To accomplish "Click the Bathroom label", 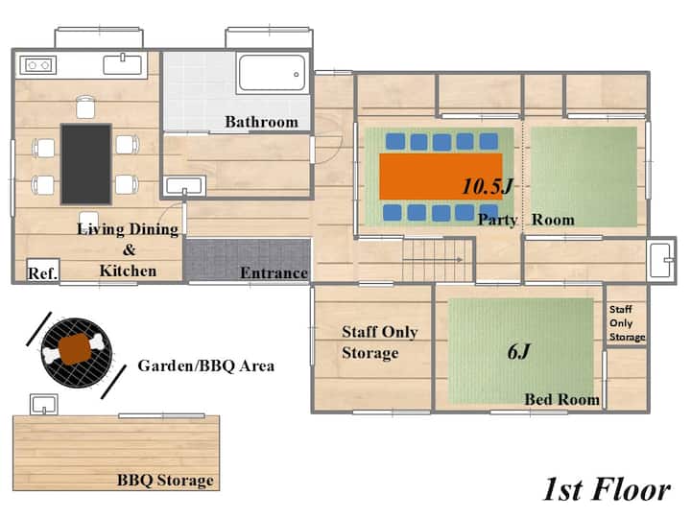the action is pyautogui.click(x=261, y=122).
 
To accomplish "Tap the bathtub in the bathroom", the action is pyautogui.click(x=272, y=73).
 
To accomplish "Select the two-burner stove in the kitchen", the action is pyautogui.click(x=38, y=65).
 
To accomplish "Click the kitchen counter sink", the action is pyautogui.click(x=123, y=64).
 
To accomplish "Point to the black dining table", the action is pyautogui.click(x=86, y=164).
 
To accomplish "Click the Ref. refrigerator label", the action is pyautogui.click(x=42, y=273).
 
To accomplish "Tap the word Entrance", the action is pyautogui.click(x=274, y=273).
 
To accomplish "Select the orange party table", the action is pyautogui.click(x=441, y=177).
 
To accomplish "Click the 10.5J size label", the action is pyautogui.click(x=488, y=186).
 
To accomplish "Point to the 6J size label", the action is pyautogui.click(x=518, y=351).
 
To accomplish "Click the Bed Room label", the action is pyautogui.click(x=561, y=399).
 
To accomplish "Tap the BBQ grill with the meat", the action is pyautogui.click(x=77, y=353).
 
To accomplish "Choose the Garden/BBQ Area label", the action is pyautogui.click(x=205, y=365).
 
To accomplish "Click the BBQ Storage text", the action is pyautogui.click(x=165, y=481).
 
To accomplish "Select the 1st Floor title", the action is pyautogui.click(x=607, y=489).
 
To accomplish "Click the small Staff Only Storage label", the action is pyautogui.click(x=627, y=323).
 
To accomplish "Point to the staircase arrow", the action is pyautogui.click(x=433, y=260).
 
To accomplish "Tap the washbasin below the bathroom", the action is pyautogui.click(x=184, y=186).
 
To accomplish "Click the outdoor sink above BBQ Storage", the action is pyautogui.click(x=43, y=405).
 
